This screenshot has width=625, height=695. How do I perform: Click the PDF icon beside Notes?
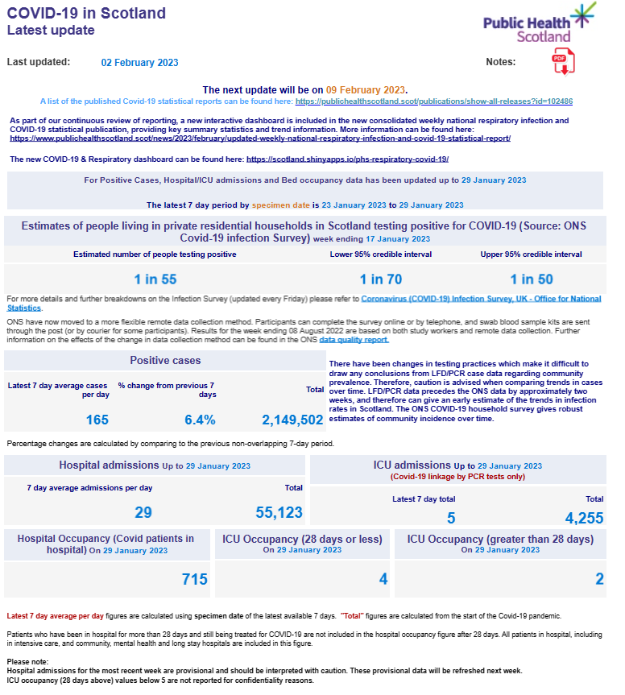click(562, 61)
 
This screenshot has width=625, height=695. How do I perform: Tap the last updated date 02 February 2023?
click(139, 63)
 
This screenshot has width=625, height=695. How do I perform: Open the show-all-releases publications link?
click(434, 101)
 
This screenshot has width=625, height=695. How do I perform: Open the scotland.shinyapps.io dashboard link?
click(347, 159)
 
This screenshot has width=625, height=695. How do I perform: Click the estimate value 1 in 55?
click(155, 279)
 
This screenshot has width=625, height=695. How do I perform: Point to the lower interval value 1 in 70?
click(380, 279)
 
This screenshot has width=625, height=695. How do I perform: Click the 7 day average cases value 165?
click(97, 419)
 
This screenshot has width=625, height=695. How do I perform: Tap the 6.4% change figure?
click(200, 419)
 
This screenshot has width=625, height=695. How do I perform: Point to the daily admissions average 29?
click(143, 512)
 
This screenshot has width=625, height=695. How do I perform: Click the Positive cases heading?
click(165, 360)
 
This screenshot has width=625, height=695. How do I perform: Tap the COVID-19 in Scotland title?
click(86, 14)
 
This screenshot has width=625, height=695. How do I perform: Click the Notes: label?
click(500, 62)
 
